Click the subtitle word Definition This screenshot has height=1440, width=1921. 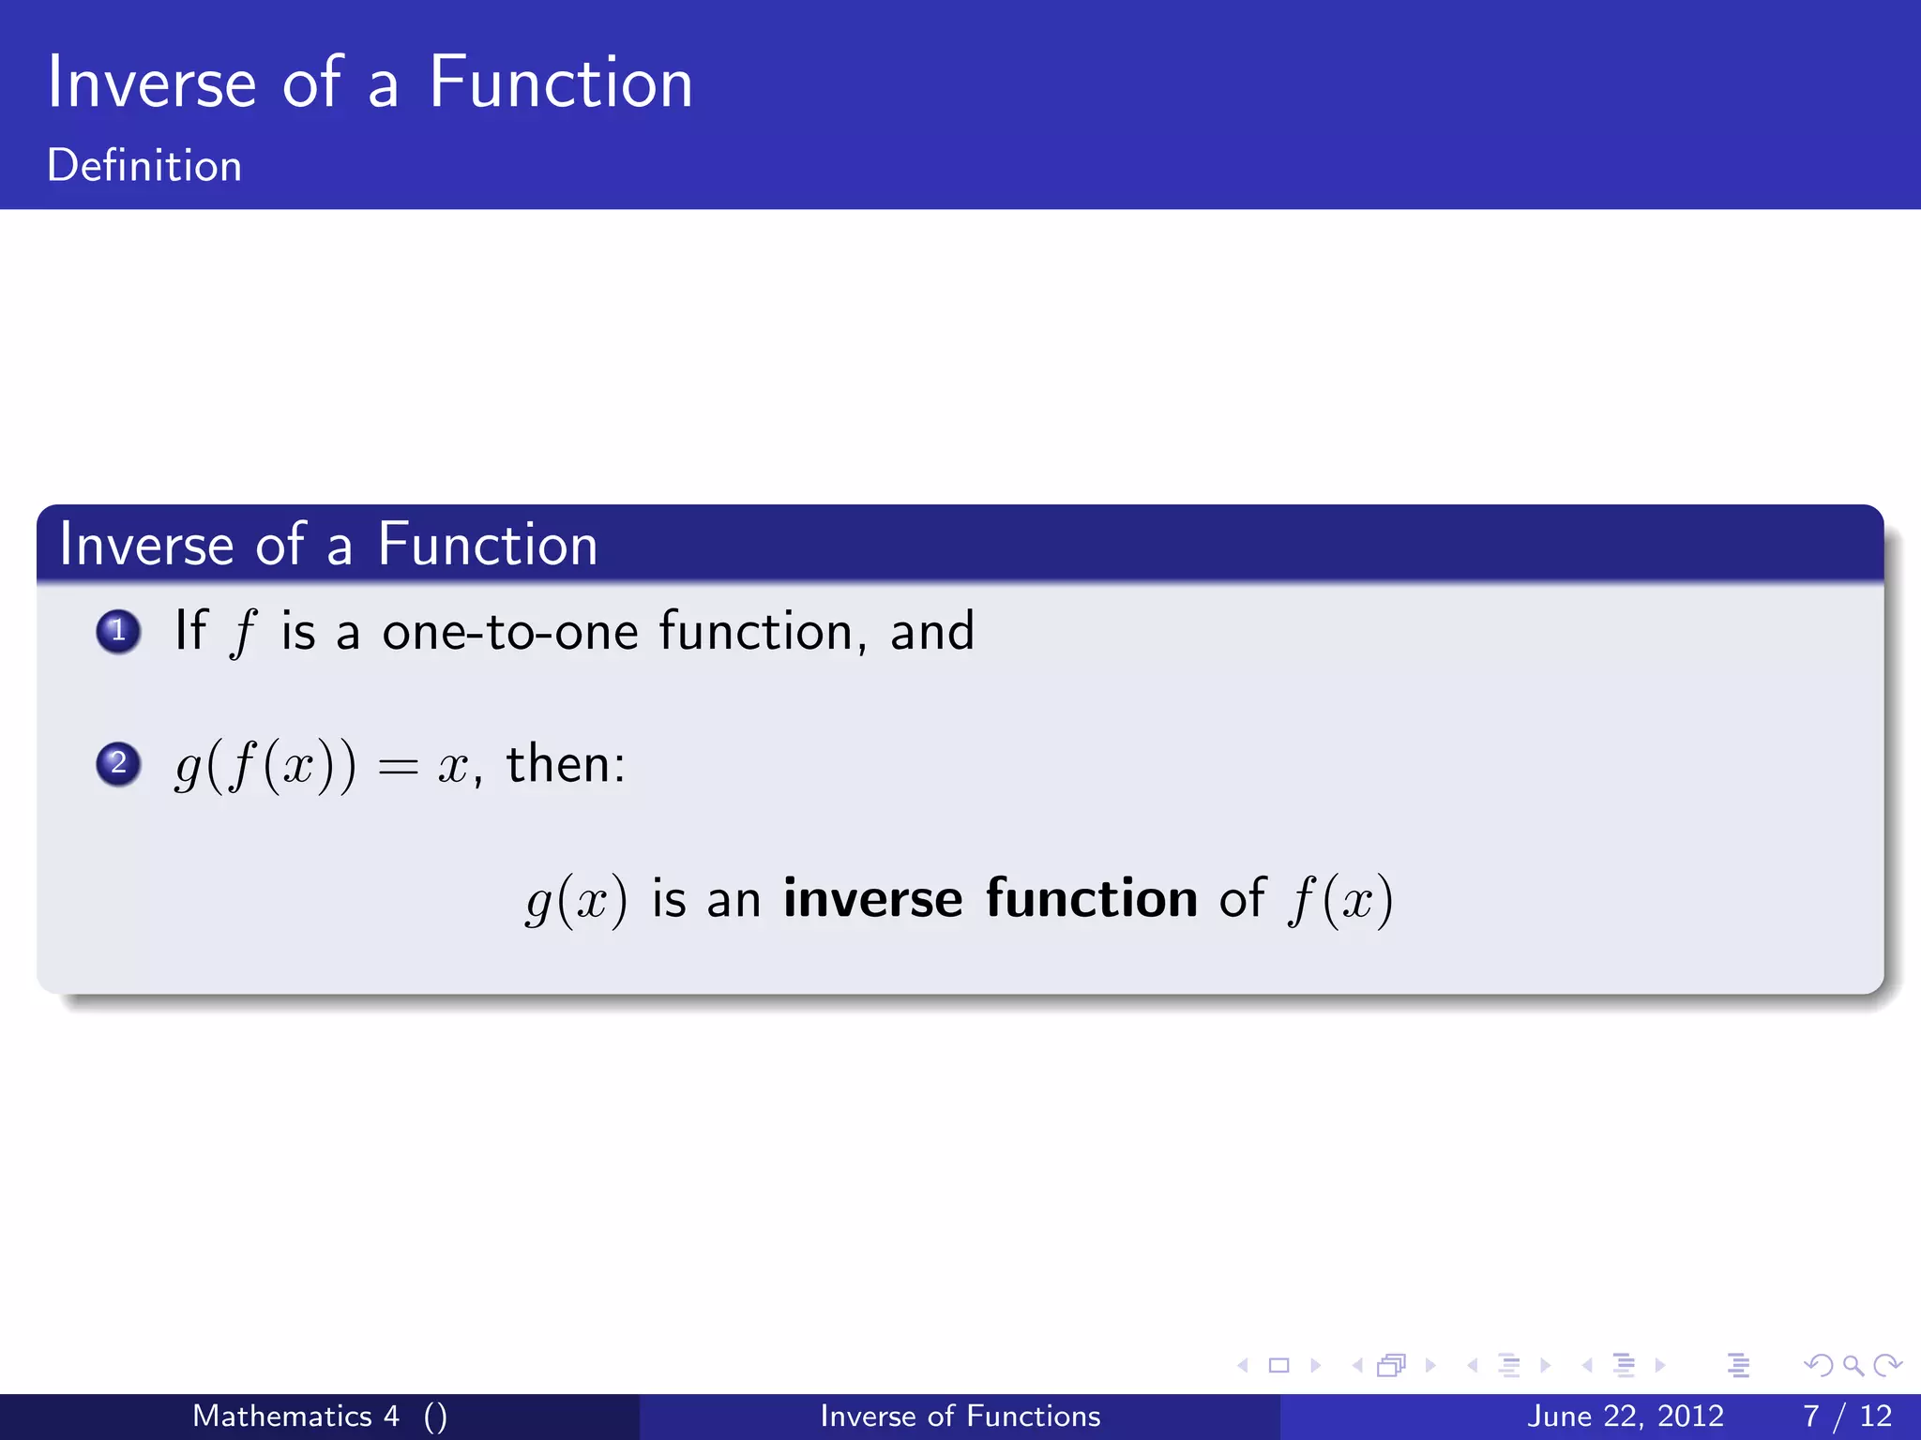pos(144,166)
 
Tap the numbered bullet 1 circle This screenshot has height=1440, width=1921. pos(118,631)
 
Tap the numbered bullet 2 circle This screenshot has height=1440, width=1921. pos(118,763)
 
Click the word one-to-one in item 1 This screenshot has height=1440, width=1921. pos(510,632)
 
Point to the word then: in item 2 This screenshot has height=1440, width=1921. pos(566,763)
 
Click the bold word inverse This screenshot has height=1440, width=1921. pos(872,899)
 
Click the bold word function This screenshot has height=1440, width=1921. pos(1091,899)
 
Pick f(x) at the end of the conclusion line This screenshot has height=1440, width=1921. pos(1341,901)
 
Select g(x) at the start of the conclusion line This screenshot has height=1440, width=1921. pos(576,901)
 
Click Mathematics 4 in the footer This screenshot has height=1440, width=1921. pos(295,1416)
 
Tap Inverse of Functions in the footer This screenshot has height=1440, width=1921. pos(960,1416)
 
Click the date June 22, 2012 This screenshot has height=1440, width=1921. pos(1625,1416)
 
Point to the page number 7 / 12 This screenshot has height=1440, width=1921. pos(1846,1416)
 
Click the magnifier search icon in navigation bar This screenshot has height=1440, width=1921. pos(1853,1365)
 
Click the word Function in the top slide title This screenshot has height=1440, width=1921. pos(560,84)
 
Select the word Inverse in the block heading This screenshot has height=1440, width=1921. pos(146,545)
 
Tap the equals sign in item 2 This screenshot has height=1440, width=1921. pos(398,768)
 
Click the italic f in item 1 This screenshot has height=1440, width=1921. pos(242,633)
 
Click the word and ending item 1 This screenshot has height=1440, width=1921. pos(931,632)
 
